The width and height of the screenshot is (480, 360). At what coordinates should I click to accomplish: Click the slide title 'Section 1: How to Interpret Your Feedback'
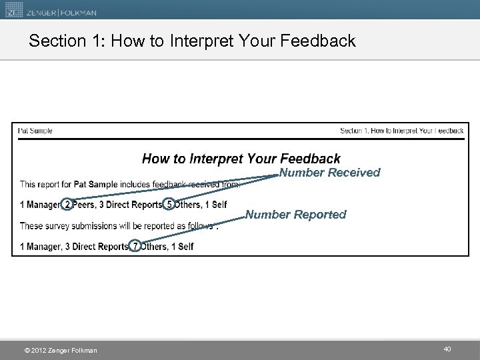(192, 41)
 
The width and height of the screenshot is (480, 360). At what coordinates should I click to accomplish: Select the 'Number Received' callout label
(329, 173)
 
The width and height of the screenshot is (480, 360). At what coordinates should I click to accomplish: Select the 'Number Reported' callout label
(296, 215)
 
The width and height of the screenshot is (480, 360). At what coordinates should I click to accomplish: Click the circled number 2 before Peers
(67, 204)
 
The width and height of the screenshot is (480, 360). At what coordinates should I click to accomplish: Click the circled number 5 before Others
(169, 204)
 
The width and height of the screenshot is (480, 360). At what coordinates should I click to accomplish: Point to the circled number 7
(135, 246)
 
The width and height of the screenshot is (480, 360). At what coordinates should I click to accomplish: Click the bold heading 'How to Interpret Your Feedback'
(241, 159)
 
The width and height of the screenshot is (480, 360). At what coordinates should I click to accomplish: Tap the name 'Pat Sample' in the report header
(35, 131)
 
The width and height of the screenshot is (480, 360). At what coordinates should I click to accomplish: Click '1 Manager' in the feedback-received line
(39, 204)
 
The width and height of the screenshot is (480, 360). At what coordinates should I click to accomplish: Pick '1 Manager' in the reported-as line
(39, 247)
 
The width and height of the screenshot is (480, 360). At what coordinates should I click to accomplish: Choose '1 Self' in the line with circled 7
(181, 247)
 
